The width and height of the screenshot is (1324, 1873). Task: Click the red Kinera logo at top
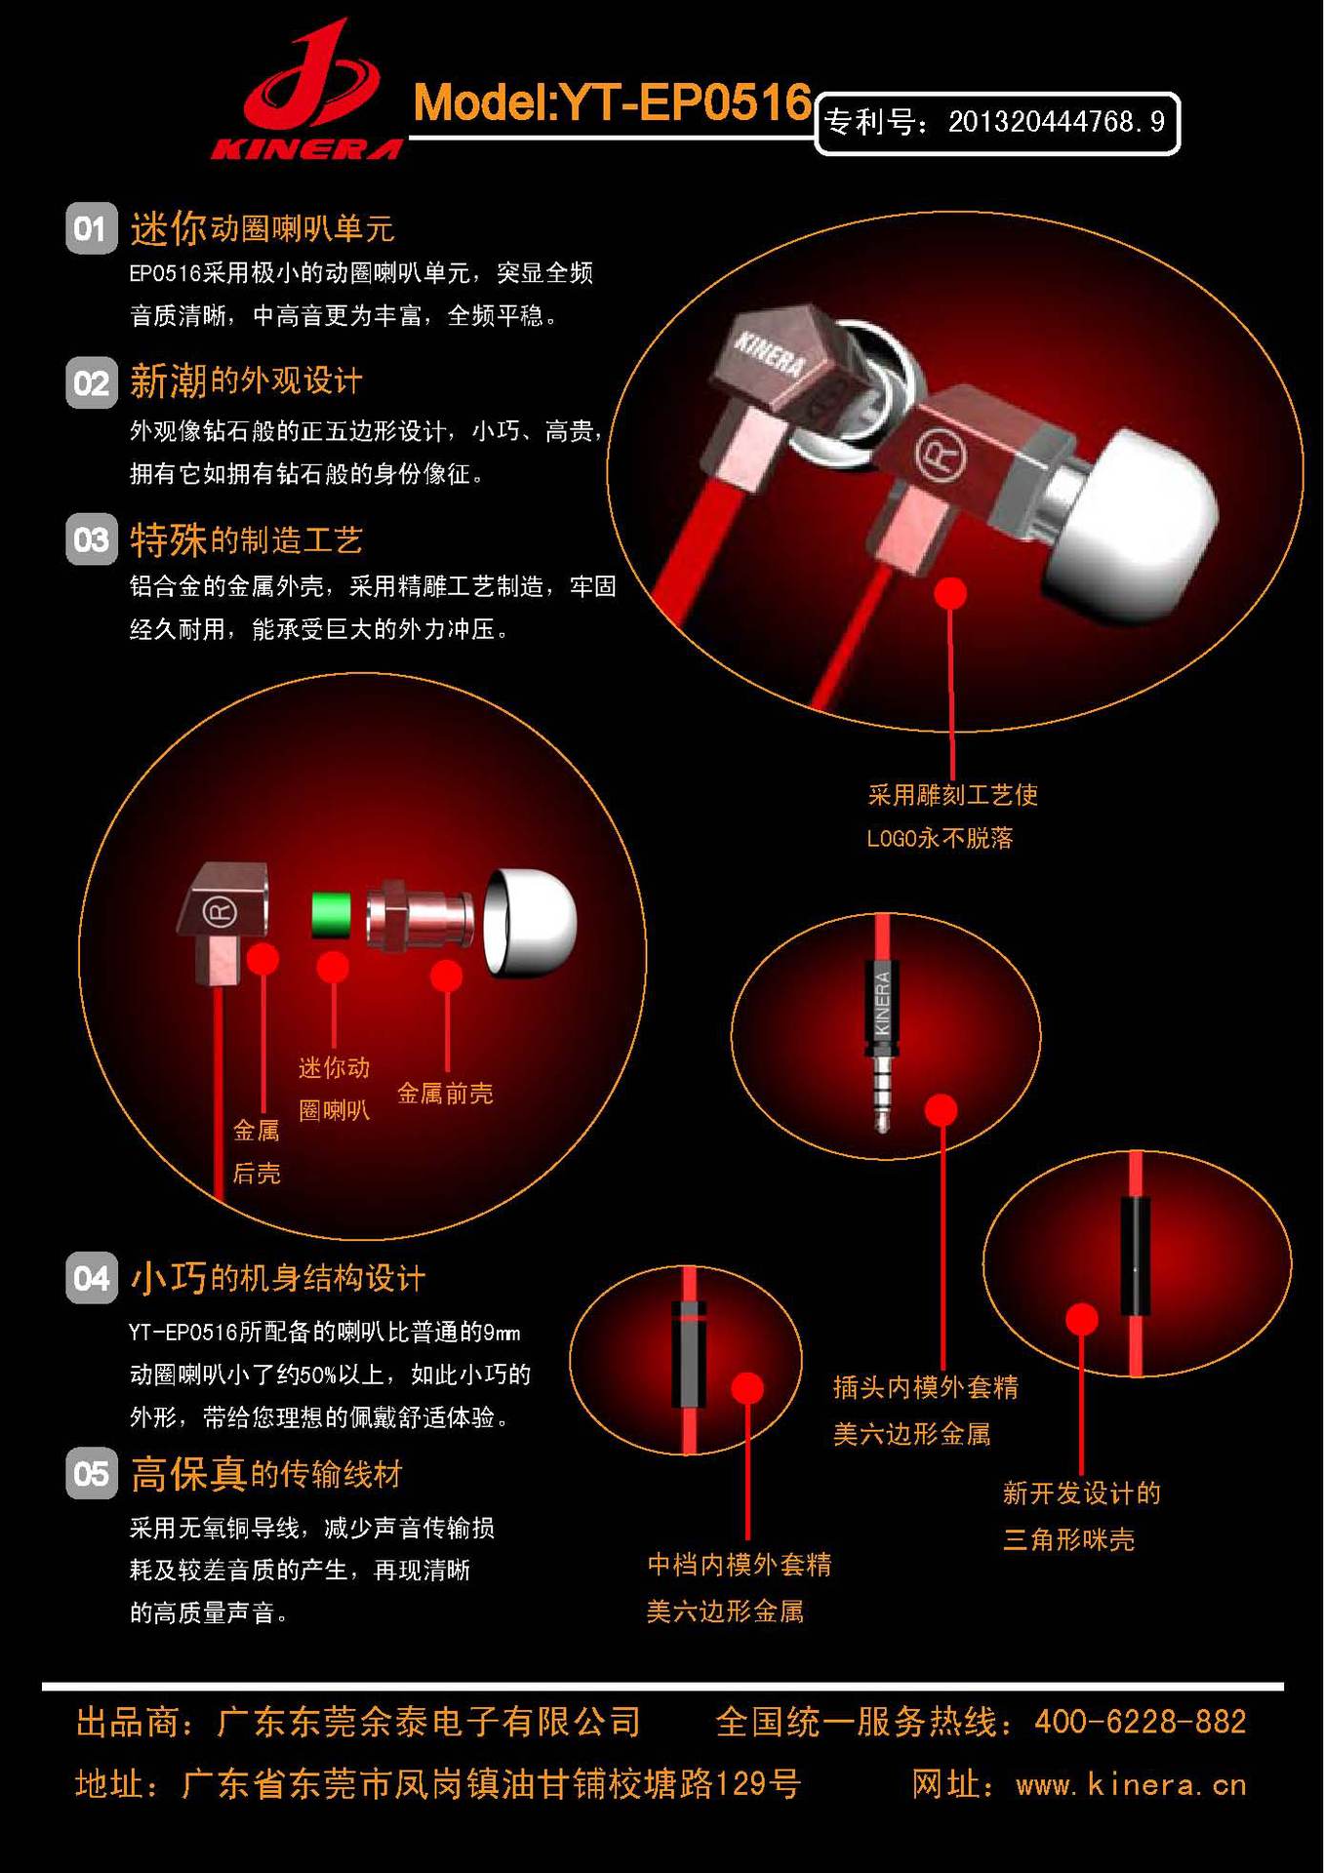[x=307, y=93]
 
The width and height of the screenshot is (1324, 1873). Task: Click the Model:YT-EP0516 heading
[x=612, y=102]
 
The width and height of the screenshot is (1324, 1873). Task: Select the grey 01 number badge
[x=91, y=228]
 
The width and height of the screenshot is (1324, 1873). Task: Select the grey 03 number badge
[x=91, y=538]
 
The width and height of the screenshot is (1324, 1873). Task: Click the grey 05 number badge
[x=91, y=1472]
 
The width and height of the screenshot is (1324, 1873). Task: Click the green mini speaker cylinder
[x=332, y=915]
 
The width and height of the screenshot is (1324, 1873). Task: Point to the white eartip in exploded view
[x=532, y=922]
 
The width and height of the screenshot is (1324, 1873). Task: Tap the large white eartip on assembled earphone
[x=1132, y=527]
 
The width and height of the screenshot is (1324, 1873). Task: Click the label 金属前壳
[x=445, y=1094]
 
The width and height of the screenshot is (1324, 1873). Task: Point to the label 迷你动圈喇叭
[x=334, y=1089]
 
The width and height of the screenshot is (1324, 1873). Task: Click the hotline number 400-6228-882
[x=1140, y=1722]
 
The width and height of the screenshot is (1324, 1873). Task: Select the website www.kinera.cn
[x=1131, y=1785]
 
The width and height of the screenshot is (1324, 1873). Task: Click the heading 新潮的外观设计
[x=246, y=380]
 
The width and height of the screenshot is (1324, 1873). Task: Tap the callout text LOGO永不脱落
[x=940, y=838]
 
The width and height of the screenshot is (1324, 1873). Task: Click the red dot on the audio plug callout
[x=941, y=1109]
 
